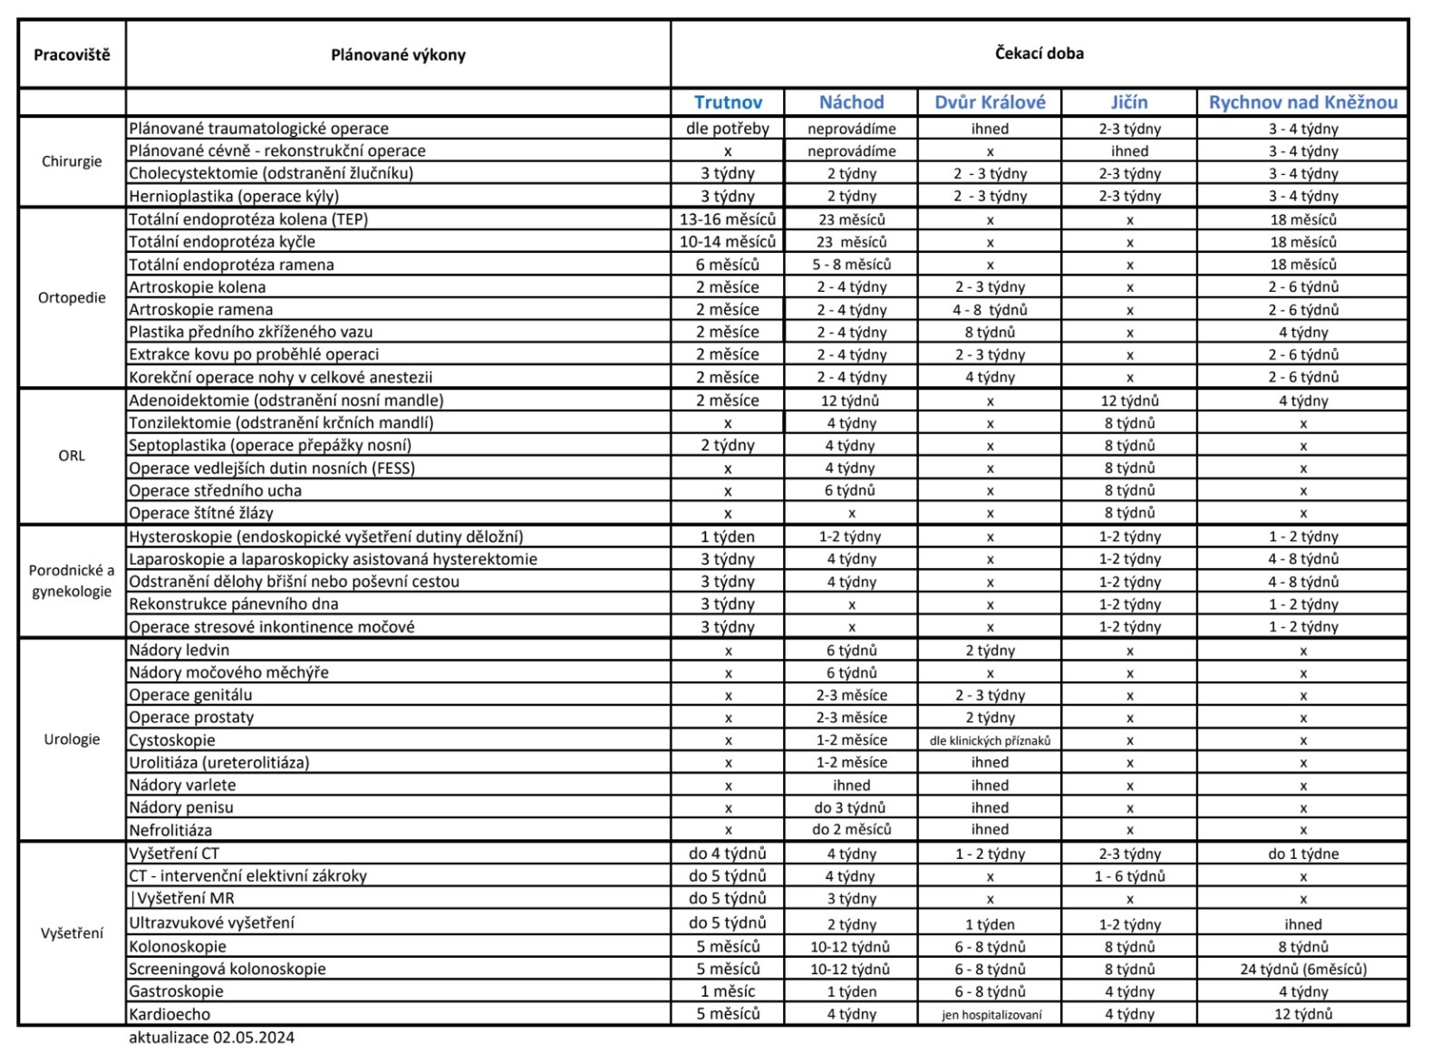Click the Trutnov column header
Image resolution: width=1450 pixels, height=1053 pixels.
728,102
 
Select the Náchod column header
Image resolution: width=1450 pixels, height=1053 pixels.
851,102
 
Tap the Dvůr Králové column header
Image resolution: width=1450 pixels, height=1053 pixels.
990,102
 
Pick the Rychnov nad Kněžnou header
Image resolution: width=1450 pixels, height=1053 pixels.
1302,102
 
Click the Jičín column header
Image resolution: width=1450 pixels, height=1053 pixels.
1129,102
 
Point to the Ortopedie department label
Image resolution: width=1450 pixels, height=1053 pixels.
72,297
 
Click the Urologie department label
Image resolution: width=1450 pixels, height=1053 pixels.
72,739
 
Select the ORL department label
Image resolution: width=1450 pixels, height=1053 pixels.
72,456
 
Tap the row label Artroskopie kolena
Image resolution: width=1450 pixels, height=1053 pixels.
198,287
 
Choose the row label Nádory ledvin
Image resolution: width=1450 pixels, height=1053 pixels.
179,650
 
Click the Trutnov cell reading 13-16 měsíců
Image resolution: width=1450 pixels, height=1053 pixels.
728,219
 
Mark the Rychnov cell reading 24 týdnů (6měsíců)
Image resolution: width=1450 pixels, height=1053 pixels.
1302,969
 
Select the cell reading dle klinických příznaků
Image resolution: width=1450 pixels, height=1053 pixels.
990,740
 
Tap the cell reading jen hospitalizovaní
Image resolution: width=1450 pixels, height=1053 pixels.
991,1015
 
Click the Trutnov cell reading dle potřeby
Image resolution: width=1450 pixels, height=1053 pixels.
728,129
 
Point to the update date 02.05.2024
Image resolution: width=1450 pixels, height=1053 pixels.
253,1038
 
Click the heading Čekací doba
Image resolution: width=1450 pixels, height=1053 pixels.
1039,53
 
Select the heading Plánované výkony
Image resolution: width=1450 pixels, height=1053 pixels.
398,54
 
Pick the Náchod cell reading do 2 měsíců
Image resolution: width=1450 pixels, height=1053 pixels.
851,829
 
